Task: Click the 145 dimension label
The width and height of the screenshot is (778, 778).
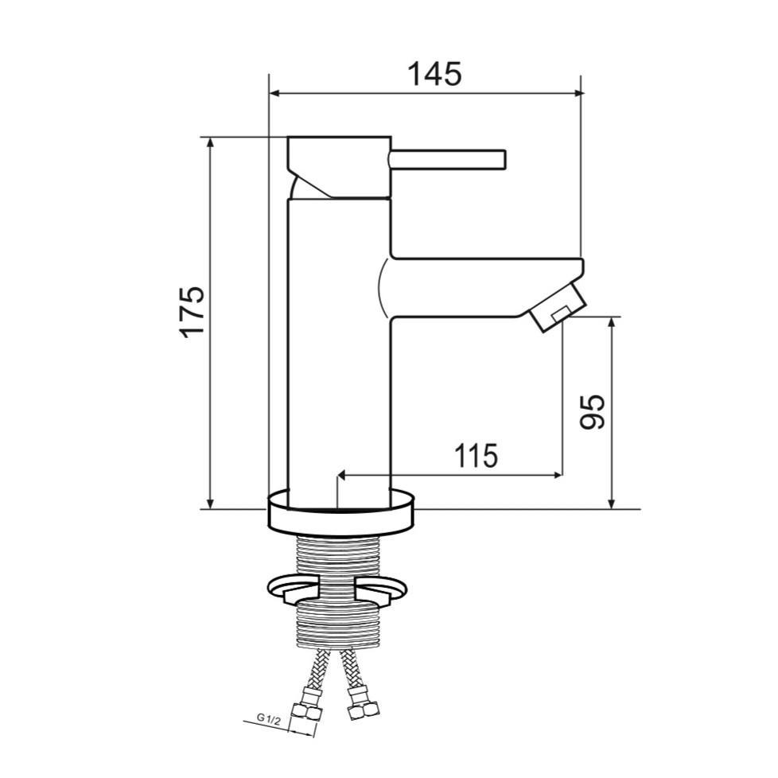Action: (x=434, y=74)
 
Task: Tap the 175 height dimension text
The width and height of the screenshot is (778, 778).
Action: (x=193, y=312)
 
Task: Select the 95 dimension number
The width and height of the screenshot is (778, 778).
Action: (x=593, y=411)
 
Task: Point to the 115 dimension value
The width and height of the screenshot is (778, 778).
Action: (x=476, y=456)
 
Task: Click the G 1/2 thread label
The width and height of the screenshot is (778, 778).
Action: (x=268, y=718)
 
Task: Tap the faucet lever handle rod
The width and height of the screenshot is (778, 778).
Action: (x=448, y=159)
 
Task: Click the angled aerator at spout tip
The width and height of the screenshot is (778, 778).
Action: (x=557, y=307)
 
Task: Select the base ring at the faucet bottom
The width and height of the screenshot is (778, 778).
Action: (x=340, y=514)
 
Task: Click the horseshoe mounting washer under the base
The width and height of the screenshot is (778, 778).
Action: (x=337, y=589)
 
